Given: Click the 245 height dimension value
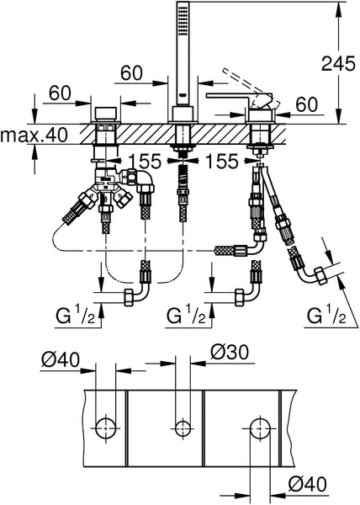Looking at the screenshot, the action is pyautogui.click(x=338, y=63).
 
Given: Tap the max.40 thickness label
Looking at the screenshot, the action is pyautogui.click(x=34, y=135).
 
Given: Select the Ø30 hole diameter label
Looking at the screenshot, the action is pyautogui.click(x=230, y=352).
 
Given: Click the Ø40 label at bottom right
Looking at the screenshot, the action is pyautogui.click(x=307, y=483).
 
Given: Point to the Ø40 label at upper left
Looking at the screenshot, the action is pyautogui.click(x=61, y=359).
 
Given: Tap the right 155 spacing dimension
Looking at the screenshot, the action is pyautogui.click(x=222, y=161).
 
